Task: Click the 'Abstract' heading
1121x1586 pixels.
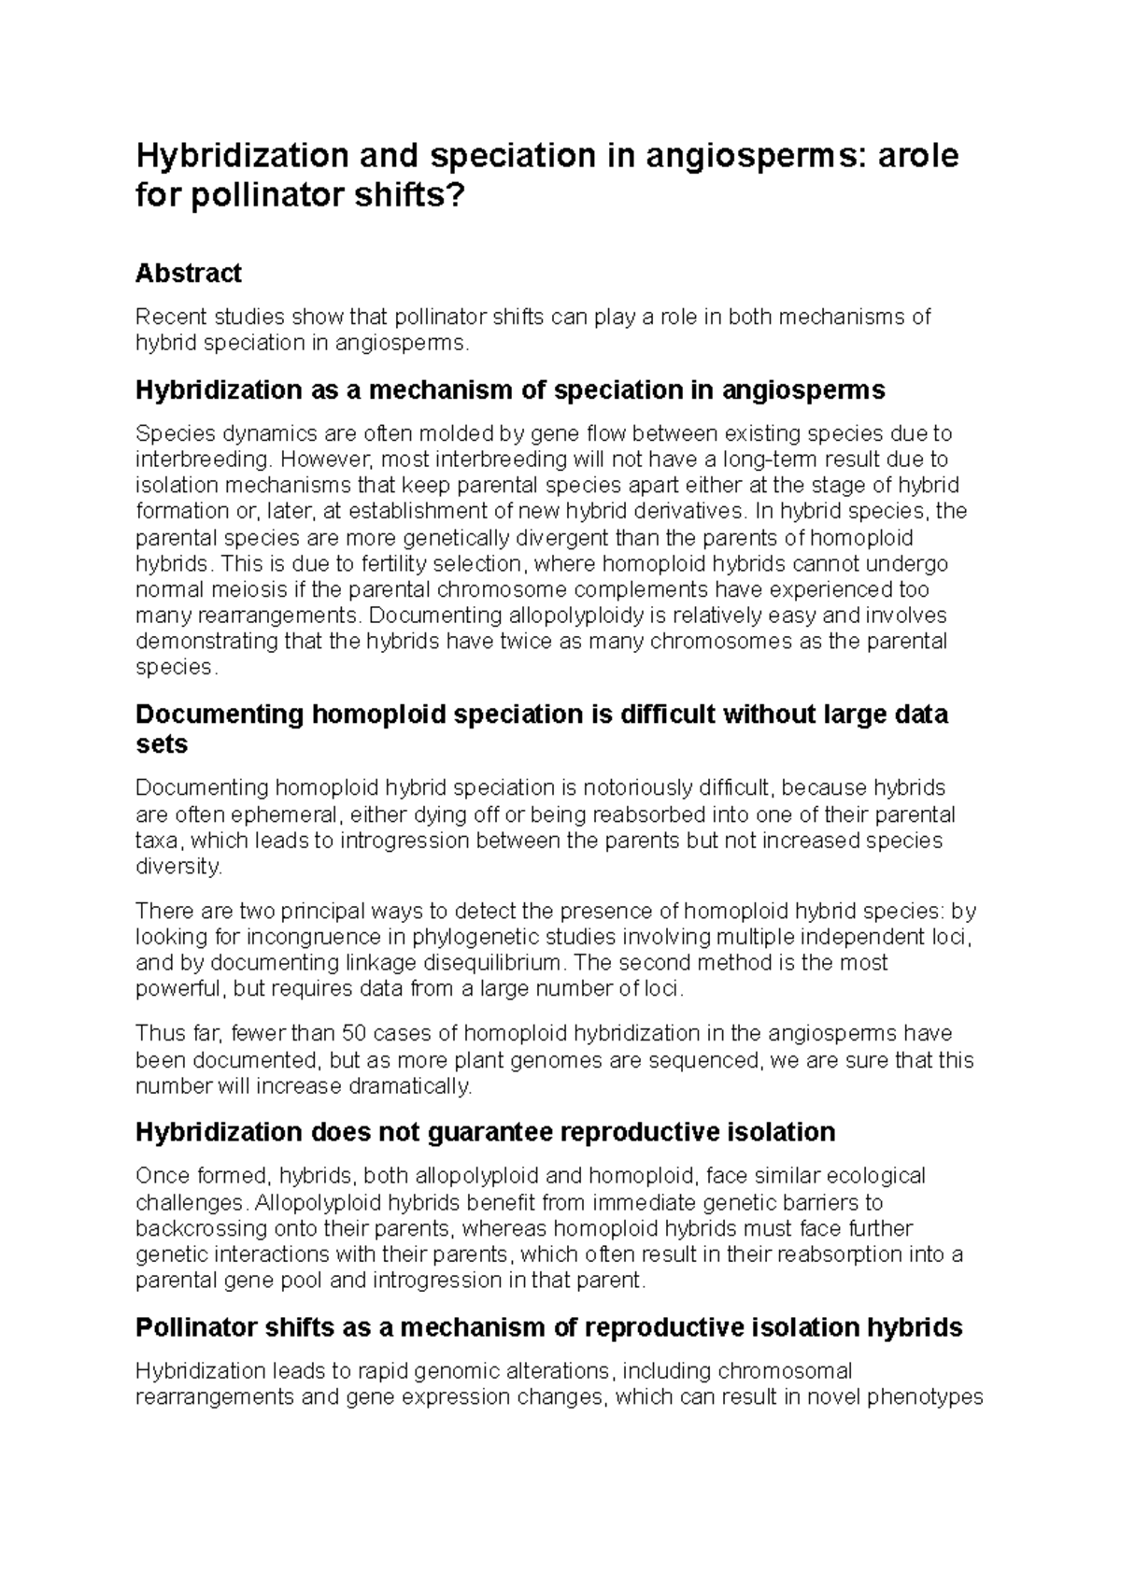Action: pyautogui.click(x=188, y=273)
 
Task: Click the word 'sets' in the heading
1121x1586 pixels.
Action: pyautogui.click(x=162, y=744)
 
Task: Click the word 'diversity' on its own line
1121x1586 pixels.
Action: pyautogui.click(x=177, y=866)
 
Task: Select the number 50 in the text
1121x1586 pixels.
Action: pyautogui.click(x=354, y=1034)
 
